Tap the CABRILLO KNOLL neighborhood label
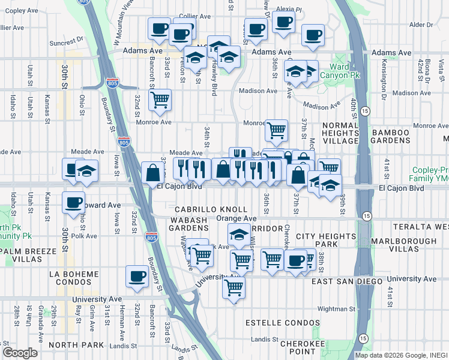tap(211, 209)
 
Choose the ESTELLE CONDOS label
tap(282, 323)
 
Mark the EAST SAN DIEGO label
tap(348, 281)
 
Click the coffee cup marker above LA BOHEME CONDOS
tap(137, 277)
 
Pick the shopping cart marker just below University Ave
tap(234, 287)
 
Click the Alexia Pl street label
tap(289, 10)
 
